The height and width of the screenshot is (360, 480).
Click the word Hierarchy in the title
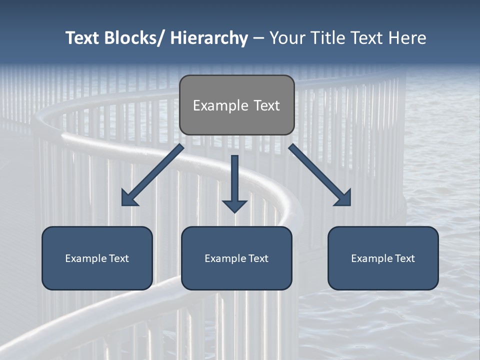coord(208,38)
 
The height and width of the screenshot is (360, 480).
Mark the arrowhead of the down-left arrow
coord(129,198)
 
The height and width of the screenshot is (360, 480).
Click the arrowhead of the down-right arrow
coord(343,197)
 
